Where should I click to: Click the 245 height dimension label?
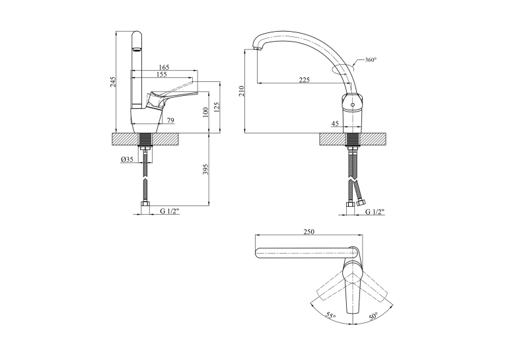click(112, 82)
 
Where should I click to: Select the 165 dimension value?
click(164, 67)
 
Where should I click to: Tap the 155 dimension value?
click(161, 74)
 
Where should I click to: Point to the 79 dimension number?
click(170, 120)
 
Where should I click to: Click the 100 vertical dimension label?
click(206, 112)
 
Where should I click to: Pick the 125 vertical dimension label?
click(217, 108)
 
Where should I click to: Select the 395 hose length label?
click(206, 169)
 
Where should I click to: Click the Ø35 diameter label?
click(127, 159)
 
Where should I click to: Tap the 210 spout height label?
click(242, 91)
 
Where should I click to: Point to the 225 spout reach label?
click(304, 80)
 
